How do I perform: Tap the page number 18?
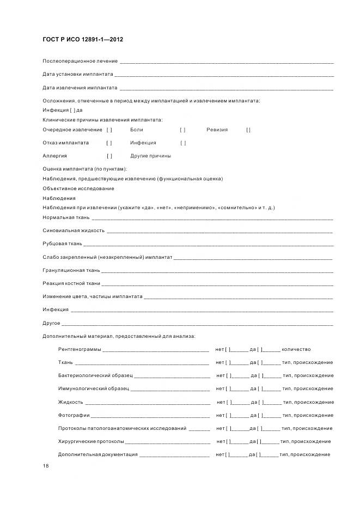pos(45,467)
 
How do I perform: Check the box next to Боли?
pos(183,130)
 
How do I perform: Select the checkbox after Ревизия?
pos(248,130)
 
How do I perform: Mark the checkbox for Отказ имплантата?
pos(109,143)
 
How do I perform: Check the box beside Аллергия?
pos(109,156)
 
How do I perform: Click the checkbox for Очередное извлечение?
pos(109,130)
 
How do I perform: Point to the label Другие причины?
pos(150,156)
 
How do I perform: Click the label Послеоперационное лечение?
pos(80,61)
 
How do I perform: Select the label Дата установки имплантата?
pos(78,74)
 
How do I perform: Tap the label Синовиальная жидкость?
pos(74,230)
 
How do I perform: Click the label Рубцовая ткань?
pos(62,244)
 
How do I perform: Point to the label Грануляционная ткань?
pos(71,270)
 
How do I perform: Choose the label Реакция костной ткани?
pos(71,283)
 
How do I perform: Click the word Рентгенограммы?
pos(80,349)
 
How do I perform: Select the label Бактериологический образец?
pos(95,375)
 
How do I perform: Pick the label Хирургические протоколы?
pos(91,441)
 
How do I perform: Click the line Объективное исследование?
pos(78,189)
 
